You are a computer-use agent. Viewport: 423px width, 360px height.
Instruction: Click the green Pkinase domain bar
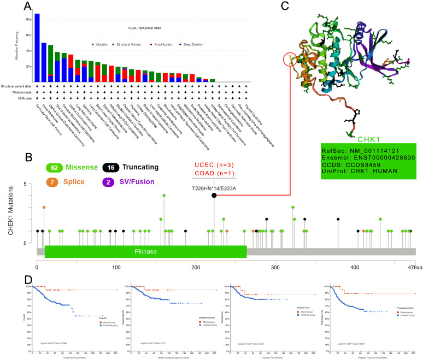pos(145,252)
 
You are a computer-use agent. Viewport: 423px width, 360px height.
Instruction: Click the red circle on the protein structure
pos(291,58)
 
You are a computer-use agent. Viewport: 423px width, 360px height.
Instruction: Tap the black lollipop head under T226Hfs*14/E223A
pos(214,195)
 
